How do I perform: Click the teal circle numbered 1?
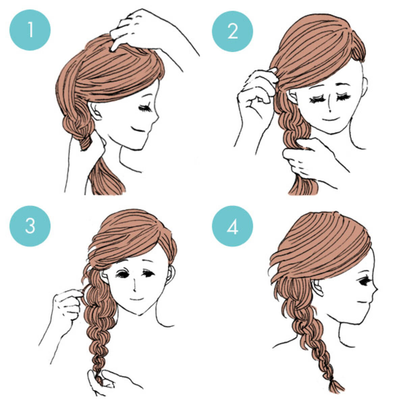point(30,30)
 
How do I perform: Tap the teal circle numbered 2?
point(233,31)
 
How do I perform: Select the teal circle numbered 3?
point(30,226)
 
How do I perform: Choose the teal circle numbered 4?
point(233,226)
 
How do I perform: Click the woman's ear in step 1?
point(94,111)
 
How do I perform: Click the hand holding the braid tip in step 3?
point(105,380)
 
